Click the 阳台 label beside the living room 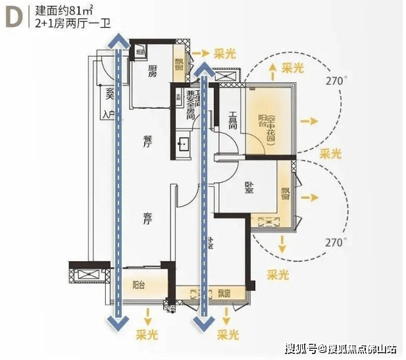click(x=138, y=286)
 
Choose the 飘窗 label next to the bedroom click(x=285, y=193)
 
